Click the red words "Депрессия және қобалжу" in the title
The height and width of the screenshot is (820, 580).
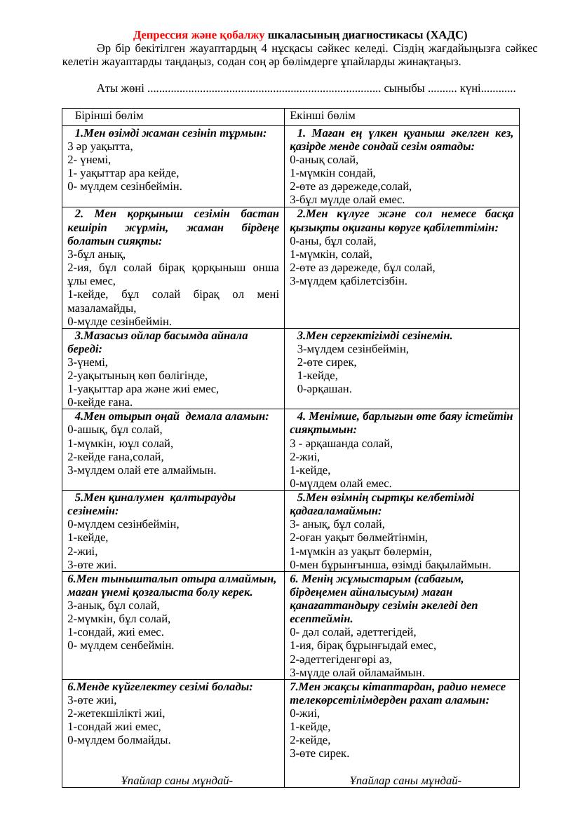[198, 34]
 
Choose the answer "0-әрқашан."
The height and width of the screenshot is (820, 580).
[325, 388]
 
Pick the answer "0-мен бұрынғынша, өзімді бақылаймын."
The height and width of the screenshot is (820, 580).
[390, 563]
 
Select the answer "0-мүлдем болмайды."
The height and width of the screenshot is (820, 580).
[108, 739]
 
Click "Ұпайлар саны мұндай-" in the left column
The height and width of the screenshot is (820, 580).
[177, 780]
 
